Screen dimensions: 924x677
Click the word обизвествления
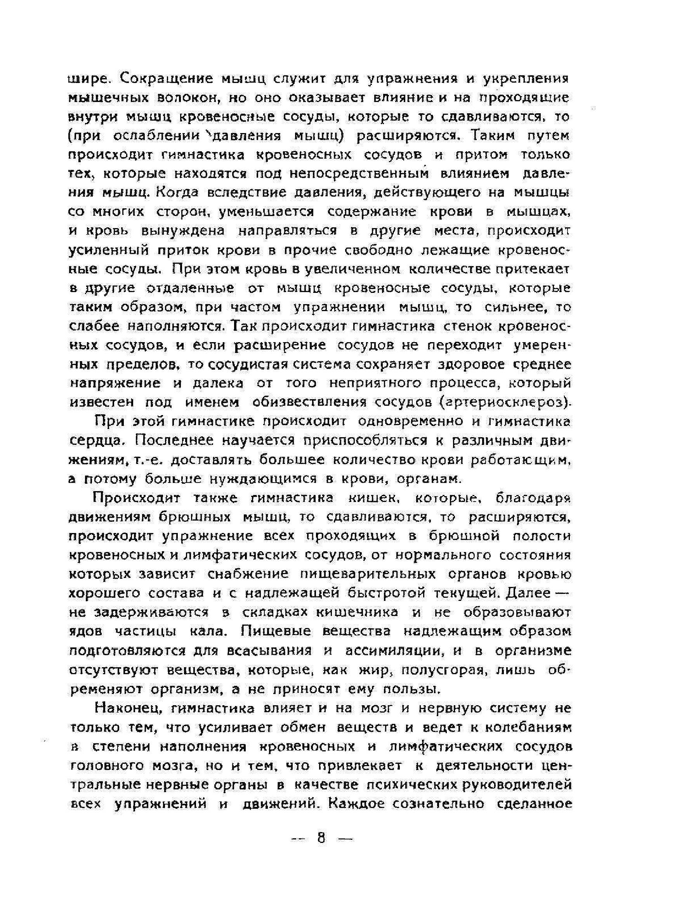pos(309,402)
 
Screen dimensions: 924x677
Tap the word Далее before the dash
pos(528,594)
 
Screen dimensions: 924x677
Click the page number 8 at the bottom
pos(321,838)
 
